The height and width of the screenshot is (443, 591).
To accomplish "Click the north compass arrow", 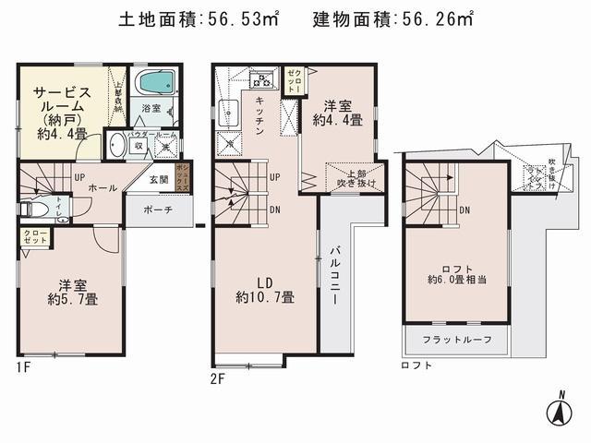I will (560, 412).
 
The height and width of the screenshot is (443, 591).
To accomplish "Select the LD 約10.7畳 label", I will (264, 288).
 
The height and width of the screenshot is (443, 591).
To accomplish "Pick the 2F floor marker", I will (219, 378).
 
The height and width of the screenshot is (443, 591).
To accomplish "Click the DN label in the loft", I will (465, 210).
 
